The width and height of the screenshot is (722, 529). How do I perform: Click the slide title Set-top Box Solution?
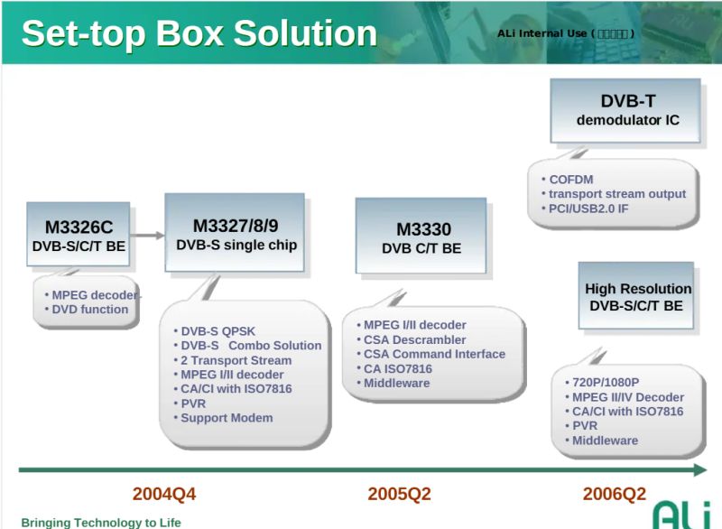point(199,33)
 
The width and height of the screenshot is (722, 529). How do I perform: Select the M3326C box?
point(79,235)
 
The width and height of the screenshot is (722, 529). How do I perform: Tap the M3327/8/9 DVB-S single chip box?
point(235,233)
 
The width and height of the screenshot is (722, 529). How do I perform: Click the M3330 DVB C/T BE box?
point(421,237)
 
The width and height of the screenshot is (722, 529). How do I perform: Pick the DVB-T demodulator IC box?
point(626,110)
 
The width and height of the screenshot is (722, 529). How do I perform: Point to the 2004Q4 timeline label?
point(164,494)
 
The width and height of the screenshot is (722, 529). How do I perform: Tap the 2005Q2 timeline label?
point(399,494)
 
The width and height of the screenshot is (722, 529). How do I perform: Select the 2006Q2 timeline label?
point(614,494)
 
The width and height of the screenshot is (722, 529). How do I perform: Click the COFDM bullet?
point(570,180)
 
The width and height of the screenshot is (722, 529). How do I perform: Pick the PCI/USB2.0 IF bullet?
point(588,209)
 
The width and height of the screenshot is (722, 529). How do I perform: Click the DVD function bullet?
point(89,310)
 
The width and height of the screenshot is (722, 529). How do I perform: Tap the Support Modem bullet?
point(226,418)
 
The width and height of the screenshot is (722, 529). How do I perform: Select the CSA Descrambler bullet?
point(414,339)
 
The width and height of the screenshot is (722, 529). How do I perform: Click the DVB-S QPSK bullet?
point(218,331)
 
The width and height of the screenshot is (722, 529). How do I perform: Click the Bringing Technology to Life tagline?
point(101,523)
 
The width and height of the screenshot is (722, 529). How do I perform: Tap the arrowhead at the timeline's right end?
point(699,469)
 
